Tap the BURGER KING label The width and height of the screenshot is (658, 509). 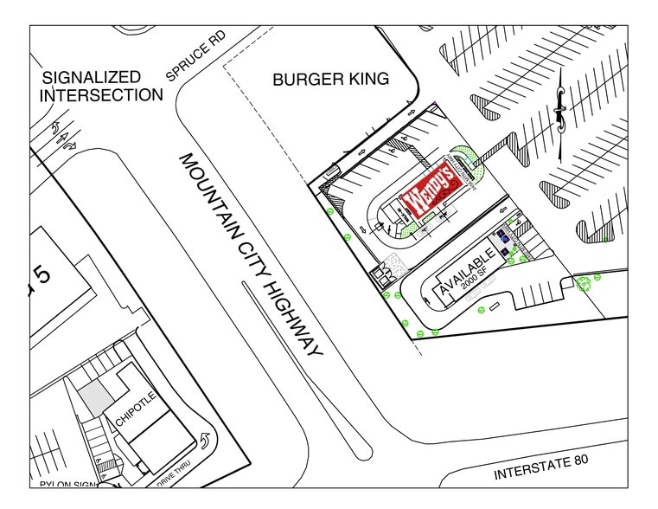[330, 79]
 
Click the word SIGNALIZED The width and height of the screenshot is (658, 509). [92, 77]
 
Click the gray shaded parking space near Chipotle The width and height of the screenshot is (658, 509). [94, 396]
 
